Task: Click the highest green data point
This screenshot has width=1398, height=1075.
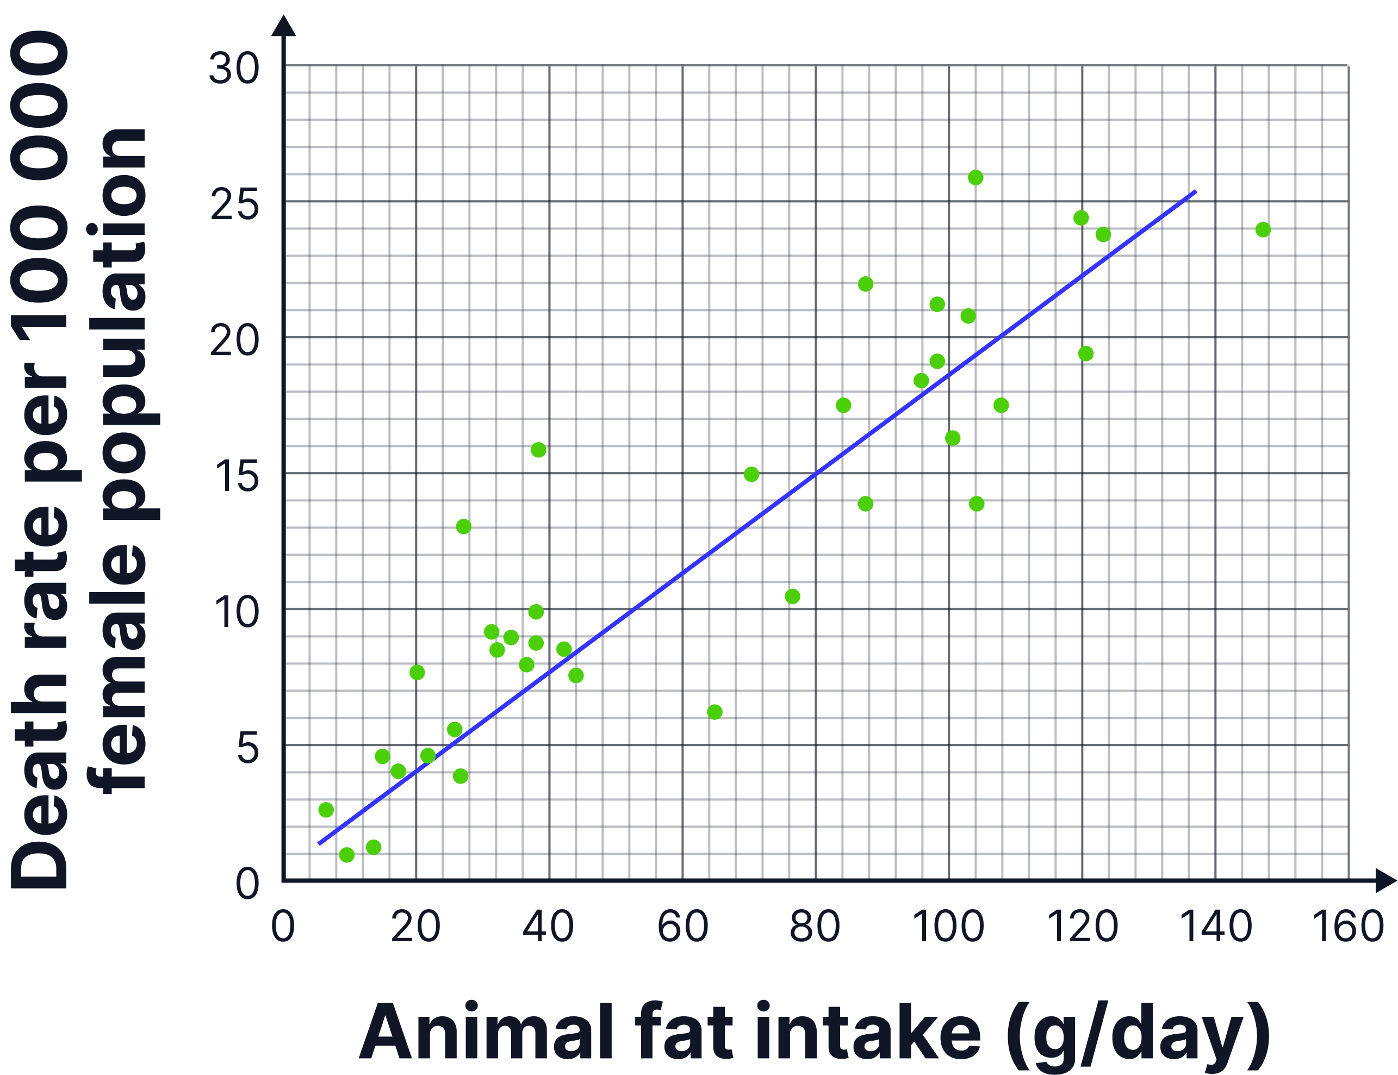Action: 975,178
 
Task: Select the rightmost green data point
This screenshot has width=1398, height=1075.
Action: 1263,229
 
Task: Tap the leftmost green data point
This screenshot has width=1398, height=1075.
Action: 326,810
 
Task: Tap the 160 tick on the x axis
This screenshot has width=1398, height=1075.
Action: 1348,926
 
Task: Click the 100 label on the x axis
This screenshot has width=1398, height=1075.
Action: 948,926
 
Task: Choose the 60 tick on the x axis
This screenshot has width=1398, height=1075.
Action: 682,926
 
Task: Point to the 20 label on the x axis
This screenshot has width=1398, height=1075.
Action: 416,926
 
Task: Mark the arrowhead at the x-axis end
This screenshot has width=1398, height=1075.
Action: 1386,881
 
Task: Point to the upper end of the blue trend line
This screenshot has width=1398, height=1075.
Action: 1196,191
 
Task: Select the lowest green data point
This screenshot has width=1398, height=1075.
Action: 347,855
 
